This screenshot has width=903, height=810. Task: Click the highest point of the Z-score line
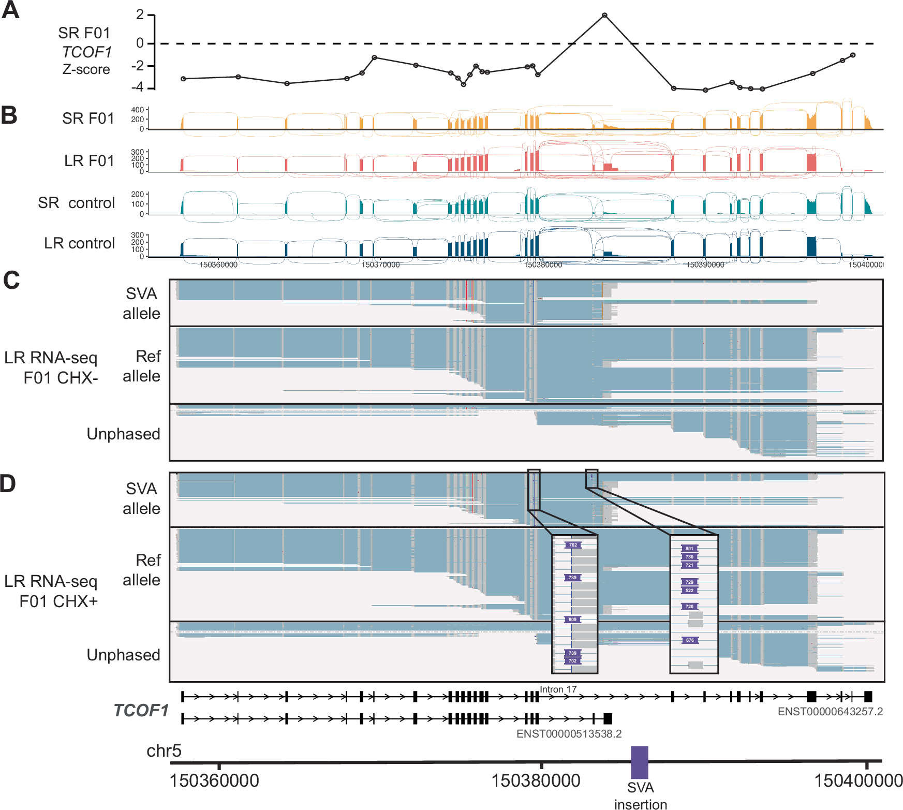(x=604, y=16)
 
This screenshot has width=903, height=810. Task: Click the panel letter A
(x=10, y=10)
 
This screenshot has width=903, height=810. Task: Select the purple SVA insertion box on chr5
(x=639, y=762)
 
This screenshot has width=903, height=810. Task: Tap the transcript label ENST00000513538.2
(x=569, y=733)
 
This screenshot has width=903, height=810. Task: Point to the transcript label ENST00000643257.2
(x=830, y=711)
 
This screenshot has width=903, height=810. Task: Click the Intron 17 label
(x=558, y=689)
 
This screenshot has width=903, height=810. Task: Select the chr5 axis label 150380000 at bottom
(x=535, y=780)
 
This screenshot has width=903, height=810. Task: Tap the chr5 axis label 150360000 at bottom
(x=214, y=780)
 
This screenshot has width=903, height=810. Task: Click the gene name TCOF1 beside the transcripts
(x=141, y=710)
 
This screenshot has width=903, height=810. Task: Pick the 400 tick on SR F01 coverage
(x=137, y=110)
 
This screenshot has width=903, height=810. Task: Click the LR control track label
(x=79, y=243)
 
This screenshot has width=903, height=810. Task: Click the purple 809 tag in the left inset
(x=572, y=620)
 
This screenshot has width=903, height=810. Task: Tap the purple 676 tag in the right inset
(x=690, y=640)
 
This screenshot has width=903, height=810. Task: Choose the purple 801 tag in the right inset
(x=689, y=549)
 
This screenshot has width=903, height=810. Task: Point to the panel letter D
(x=8, y=484)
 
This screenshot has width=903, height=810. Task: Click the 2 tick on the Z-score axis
(x=140, y=14)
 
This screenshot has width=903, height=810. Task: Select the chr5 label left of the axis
(x=164, y=750)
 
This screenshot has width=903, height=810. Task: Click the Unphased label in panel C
(x=123, y=434)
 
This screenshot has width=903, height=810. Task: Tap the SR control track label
(x=76, y=203)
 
